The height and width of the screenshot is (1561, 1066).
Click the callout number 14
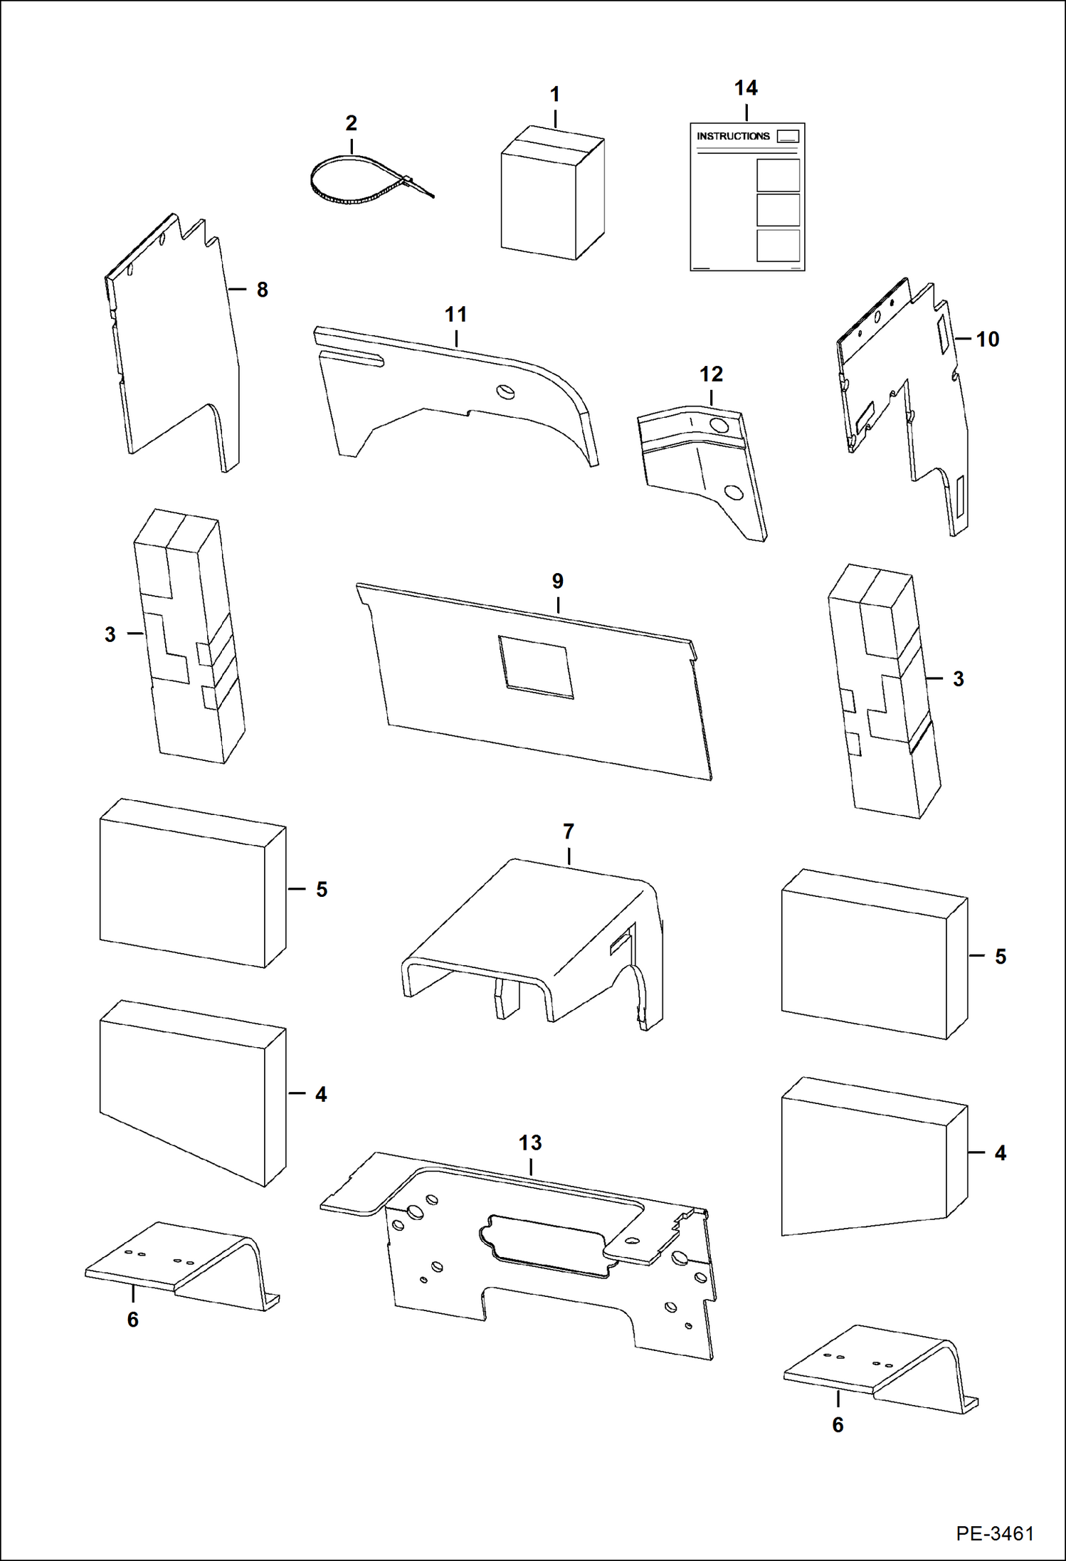(x=746, y=88)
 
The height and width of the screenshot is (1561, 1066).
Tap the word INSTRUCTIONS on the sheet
(x=733, y=136)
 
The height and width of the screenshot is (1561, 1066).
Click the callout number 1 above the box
(x=554, y=94)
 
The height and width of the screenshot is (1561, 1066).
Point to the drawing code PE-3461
(x=994, y=1533)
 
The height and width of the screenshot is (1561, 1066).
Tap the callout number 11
(x=455, y=315)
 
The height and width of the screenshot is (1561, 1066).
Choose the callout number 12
(x=711, y=374)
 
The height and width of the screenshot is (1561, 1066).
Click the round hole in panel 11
(x=506, y=391)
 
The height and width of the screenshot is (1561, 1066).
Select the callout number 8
(x=262, y=290)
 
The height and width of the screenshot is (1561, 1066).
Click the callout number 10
(x=987, y=340)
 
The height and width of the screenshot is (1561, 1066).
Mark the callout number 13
(x=530, y=1143)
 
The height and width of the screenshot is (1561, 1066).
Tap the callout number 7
(x=568, y=831)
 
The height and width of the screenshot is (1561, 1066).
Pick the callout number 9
(x=557, y=582)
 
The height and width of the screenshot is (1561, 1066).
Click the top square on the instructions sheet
(x=778, y=175)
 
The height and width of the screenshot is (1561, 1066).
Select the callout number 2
(x=351, y=123)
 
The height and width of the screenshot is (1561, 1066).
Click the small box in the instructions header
(x=788, y=136)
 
